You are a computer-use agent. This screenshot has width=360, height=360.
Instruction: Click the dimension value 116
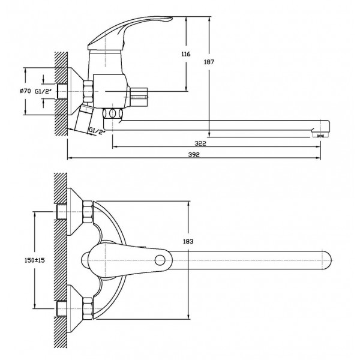[x=186, y=54]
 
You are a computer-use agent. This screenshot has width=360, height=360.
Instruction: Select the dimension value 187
[x=209, y=62]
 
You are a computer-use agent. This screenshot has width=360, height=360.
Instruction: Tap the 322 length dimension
[x=200, y=143]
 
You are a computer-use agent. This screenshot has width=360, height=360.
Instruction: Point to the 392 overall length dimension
[x=194, y=155]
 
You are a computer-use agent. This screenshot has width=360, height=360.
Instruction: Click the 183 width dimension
[x=188, y=242]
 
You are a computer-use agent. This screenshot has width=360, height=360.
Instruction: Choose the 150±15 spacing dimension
[x=35, y=260]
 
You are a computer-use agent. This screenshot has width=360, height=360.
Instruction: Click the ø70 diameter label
[x=25, y=91]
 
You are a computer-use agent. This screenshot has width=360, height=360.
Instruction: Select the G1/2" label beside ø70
[x=43, y=92]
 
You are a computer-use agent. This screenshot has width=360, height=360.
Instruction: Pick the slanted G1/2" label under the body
[x=97, y=131]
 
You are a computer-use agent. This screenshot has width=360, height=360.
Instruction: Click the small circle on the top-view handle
[x=160, y=260]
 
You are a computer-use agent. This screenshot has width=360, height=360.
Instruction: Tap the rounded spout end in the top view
[x=328, y=260]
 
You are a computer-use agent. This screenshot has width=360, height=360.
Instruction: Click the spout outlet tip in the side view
[x=321, y=136]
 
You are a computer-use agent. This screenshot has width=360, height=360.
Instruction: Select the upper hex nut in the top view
[x=88, y=212]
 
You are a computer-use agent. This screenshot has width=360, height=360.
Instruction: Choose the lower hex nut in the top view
[x=88, y=308]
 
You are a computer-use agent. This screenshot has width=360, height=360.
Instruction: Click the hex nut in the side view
[x=88, y=91]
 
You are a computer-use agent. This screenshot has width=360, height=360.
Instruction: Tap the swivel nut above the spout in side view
[x=113, y=113]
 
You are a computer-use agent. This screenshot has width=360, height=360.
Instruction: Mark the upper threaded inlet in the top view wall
[x=62, y=212]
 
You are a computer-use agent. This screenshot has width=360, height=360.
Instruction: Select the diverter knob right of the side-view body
[x=139, y=94]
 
